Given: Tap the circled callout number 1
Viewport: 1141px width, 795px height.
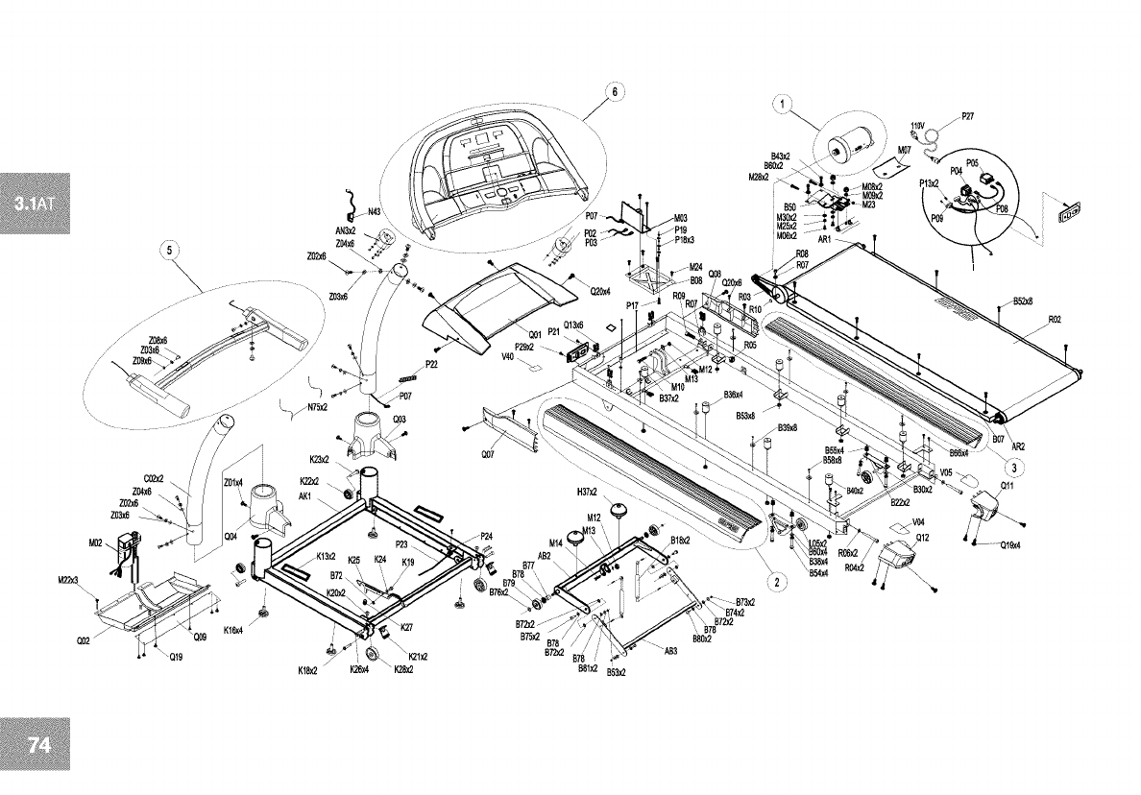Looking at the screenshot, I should [783, 106].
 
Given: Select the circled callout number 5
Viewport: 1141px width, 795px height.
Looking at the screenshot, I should [170, 251].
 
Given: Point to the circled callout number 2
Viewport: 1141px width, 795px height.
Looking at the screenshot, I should [774, 581].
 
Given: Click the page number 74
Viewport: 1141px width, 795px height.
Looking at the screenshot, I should [40, 746].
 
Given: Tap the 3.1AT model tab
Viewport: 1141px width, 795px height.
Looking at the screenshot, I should [36, 204].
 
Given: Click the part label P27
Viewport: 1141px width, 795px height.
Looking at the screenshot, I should [967, 116].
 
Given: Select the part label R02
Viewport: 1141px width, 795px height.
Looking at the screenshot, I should [1054, 319].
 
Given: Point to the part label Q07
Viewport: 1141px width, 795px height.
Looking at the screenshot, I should [488, 456].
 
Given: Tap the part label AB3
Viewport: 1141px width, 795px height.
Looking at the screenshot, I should [670, 650].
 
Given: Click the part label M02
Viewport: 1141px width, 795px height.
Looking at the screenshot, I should [95, 543].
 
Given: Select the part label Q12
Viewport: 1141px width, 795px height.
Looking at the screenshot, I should [921, 538].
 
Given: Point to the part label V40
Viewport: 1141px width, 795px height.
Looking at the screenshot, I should [508, 356].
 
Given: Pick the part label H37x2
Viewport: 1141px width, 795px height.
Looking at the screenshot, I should [587, 492].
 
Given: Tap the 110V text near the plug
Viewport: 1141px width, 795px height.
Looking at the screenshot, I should [917, 126].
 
